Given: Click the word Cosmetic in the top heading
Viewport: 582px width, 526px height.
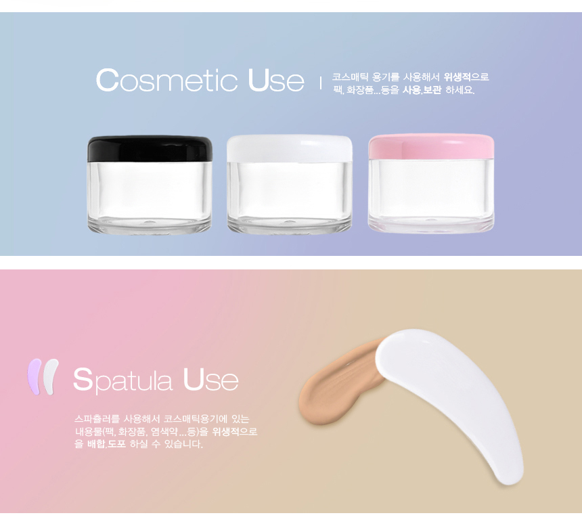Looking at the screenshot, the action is click(x=166, y=80).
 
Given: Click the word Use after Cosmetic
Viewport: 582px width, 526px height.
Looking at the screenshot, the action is click(x=276, y=80).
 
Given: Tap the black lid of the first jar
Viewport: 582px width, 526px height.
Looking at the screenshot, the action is click(x=150, y=148).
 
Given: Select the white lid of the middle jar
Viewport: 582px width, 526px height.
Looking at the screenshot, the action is click(x=290, y=148).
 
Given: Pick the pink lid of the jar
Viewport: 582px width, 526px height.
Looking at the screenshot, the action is click(x=431, y=147).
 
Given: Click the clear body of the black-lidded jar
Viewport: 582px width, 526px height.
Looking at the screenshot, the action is click(x=150, y=197).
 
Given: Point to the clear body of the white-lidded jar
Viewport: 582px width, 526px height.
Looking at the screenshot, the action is click(x=290, y=198).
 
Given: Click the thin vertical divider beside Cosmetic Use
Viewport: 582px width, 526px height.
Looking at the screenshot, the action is click(x=321, y=83).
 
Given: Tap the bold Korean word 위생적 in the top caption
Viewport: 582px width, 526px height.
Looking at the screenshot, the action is click(x=457, y=77).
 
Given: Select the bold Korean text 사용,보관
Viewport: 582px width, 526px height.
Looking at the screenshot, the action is click(x=422, y=90).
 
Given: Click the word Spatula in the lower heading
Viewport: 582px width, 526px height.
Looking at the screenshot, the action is click(x=123, y=380).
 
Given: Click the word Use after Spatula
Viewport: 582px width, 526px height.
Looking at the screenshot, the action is click(x=210, y=380).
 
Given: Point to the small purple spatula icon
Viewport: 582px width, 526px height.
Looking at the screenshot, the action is click(x=34, y=376).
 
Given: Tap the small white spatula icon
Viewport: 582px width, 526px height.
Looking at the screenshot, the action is click(x=50, y=376).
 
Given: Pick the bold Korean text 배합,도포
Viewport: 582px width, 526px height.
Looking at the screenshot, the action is click(x=106, y=444).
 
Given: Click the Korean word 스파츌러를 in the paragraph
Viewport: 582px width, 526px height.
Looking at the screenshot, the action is click(x=97, y=419).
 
